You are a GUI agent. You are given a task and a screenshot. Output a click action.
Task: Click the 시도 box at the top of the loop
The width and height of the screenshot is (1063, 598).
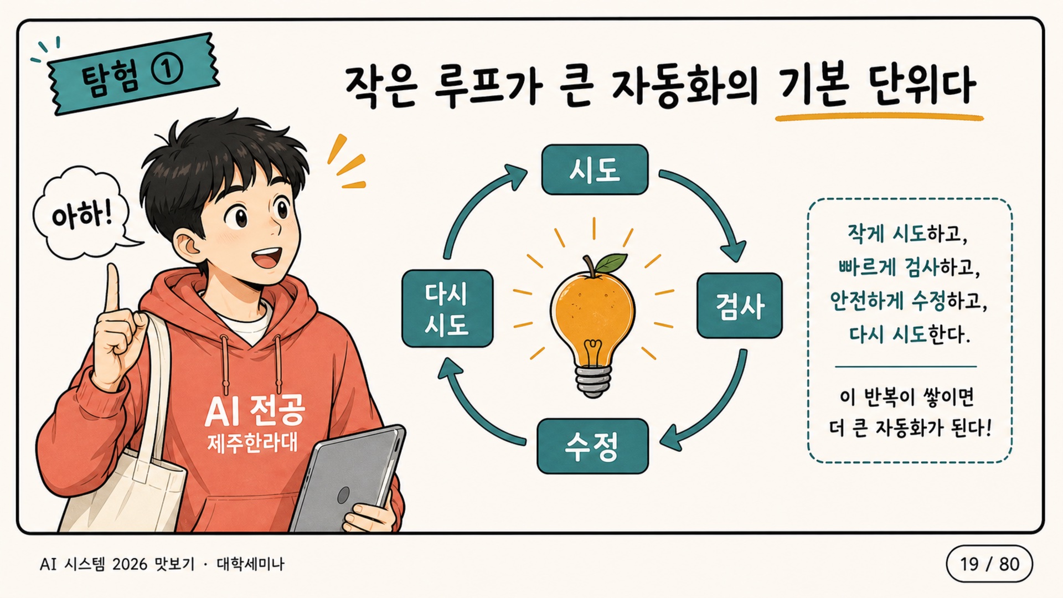595,169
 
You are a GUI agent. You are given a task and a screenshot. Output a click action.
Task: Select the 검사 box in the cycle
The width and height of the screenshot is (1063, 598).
740,305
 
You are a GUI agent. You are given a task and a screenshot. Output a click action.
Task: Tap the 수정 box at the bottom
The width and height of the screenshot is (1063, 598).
592,446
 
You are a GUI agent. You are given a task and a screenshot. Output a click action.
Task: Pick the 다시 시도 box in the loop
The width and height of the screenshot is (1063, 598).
447,308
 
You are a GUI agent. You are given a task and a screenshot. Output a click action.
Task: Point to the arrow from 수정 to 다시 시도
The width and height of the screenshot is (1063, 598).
471,410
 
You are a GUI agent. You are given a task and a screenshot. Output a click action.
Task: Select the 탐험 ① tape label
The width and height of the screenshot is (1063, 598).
133,73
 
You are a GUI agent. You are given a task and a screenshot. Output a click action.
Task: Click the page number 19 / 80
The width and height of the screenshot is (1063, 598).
989,564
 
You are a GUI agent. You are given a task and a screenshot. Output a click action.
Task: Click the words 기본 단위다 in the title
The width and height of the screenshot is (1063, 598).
877,86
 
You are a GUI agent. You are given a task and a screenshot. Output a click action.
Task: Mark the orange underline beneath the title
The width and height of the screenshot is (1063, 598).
879,117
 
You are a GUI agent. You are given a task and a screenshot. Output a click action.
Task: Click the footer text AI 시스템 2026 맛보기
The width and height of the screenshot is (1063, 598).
117,564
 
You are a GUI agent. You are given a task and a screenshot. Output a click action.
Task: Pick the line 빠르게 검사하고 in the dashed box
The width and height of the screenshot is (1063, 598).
909,268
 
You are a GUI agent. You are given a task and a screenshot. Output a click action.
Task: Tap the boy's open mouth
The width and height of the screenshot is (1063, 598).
267,257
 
